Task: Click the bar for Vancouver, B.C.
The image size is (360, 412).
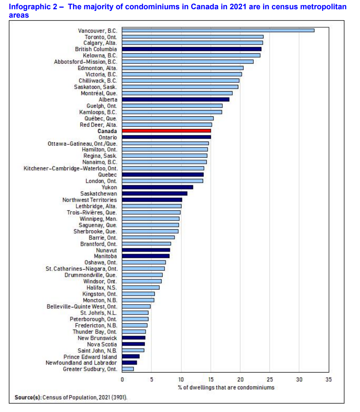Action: tap(218, 30)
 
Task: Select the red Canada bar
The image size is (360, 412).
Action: tap(167, 131)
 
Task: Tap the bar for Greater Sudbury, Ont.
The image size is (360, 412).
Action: tap(128, 369)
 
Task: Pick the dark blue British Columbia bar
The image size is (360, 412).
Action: tap(192, 49)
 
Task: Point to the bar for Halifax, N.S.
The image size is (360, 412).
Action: tap(141, 288)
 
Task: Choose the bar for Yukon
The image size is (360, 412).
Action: tap(158, 187)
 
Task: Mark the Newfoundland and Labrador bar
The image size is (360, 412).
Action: tap(130, 363)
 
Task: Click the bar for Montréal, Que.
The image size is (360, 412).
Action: tap(177, 93)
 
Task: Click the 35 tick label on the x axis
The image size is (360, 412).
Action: tap(329, 380)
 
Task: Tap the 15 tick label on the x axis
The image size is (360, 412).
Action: tap(211, 380)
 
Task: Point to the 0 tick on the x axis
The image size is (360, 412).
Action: tap(122, 380)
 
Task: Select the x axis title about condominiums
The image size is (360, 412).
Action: tap(226, 387)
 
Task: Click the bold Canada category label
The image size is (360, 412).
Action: tap(107, 131)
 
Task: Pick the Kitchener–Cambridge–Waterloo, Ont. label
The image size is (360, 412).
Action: tap(70, 168)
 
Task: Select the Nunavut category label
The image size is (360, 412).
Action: tap(107, 250)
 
